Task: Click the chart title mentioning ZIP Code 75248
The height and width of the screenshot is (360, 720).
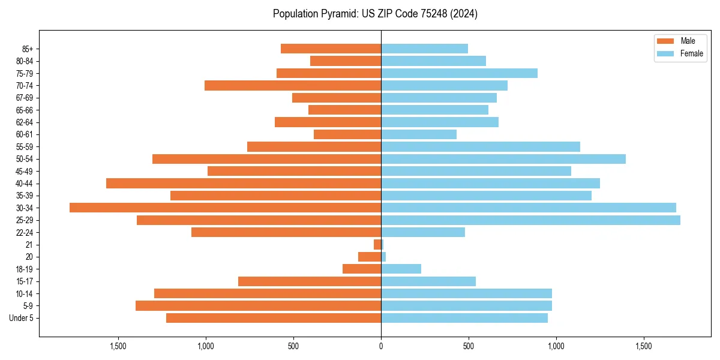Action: click(375, 14)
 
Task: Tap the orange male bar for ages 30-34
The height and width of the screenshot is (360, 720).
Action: click(225, 208)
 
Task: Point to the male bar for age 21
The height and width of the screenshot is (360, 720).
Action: click(377, 245)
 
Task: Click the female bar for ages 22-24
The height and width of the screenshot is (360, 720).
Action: click(423, 232)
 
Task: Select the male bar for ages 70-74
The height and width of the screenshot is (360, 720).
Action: click(293, 85)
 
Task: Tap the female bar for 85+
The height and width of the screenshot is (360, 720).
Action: click(424, 49)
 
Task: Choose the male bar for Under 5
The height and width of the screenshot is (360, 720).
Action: click(274, 318)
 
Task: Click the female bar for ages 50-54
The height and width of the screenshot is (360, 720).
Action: click(503, 159)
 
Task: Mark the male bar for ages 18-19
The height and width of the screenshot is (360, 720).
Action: click(362, 269)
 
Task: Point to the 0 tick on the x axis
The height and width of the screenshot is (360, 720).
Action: click(381, 347)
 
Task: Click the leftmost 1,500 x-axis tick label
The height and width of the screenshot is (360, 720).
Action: click(118, 347)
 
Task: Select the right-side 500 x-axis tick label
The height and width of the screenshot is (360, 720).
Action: click(469, 347)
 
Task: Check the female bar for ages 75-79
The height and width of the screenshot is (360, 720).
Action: click(459, 73)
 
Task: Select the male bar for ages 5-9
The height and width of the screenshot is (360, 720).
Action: click(258, 306)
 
